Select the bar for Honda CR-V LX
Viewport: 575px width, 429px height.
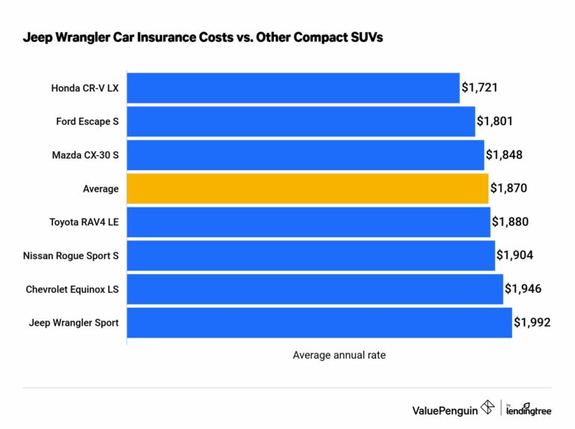pyautogui.click(x=293, y=88)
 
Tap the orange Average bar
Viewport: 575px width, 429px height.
pyautogui.click(x=307, y=189)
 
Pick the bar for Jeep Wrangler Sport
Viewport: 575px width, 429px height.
pyautogui.click(x=319, y=323)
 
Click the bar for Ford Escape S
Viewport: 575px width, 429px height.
pyautogui.click(x=300, y=121)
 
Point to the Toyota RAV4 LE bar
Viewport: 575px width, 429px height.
pyautogui.click(x=308, y=222)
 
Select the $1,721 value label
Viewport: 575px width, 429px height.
pyautogui.click(x=480, y=88)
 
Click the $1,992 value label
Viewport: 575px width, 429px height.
pyautogui.click(x=532, y=323)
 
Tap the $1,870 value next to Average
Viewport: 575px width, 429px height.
pyautogui.click(x=509, y=189)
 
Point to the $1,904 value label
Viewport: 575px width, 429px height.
pyautogui.click(x=515, y=255)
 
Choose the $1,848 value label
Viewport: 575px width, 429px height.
pyautogui.click(x=504, y=155)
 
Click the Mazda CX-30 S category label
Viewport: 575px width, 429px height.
pyautogui.click(x=85, y=155)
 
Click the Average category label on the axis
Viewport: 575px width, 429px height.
pyautogui.click(x=100, y=189)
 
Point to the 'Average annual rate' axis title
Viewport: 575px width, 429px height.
pyautogui.click(x=339, y=356)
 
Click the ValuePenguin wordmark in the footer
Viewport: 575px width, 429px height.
pyautogui.click(x=445, y=409)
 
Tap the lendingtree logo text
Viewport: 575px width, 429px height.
pyautogui.click(x=528, y=411)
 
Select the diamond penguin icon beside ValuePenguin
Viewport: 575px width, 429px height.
pyautogui.click(x=487, y=408)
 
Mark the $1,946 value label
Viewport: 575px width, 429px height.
pyautogui.click(x=523, y=289)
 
